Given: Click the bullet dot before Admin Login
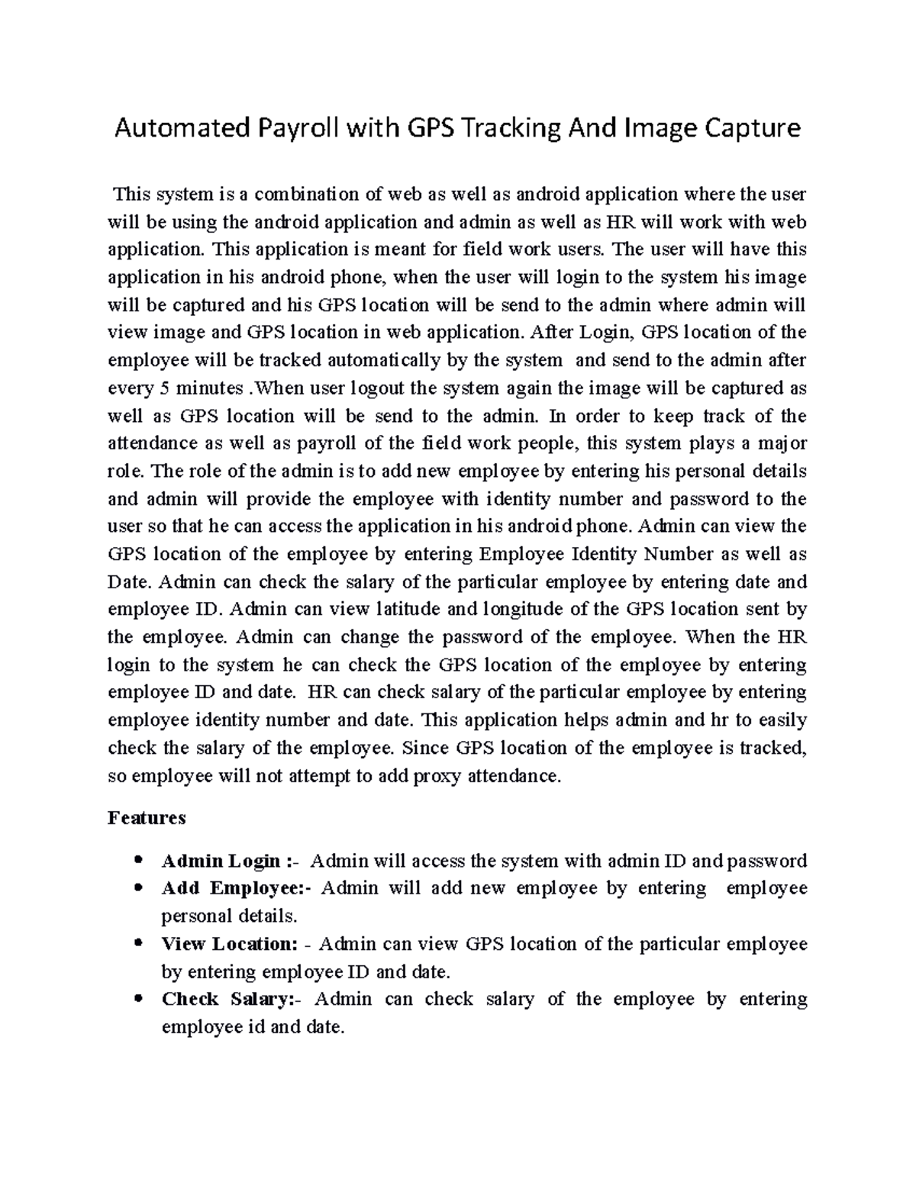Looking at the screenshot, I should point(138,861).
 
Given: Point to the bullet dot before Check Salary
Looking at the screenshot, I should point(138,1000).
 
